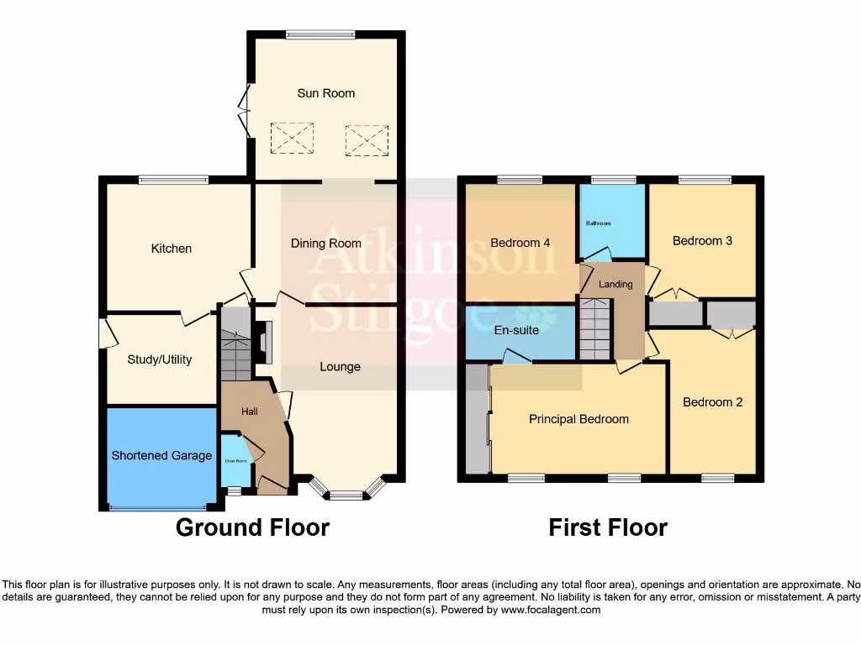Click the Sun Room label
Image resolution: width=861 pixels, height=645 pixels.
pyautogui.click(x=325, y=93)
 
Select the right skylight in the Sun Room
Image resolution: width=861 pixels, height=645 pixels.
pyautogui.click(x=367, y=139)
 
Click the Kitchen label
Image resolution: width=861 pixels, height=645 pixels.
pyautogui.click(x=172, y=249)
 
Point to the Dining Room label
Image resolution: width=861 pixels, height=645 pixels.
pyautogui.click(x=326, y=244)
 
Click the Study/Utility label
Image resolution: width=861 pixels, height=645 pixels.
pyautogui.click(x=160, y=359)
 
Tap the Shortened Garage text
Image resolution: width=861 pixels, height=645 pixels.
pyautogui.click(x=161, y=455)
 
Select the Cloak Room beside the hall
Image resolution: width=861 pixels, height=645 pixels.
pyautogui.click(x=235, y=461)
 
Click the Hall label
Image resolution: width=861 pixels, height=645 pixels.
pyautogui.click(x=250, y=412)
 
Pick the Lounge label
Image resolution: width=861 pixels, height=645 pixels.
pyautogui.click(x=340, y=367)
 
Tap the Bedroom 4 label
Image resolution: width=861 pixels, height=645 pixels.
pyautogui.click(x=520, y=244)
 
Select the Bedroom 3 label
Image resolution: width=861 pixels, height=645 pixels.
pyautogui.click(x=702, y=241)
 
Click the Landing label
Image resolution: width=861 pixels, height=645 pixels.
pyautogui.click(x=615, y=285)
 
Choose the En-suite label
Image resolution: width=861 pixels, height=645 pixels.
pyautogui.click(x=516, y=331)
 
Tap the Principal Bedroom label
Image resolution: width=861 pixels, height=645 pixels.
pyautogui.click(x=578, y=419)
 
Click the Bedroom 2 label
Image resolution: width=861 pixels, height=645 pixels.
pyautogui.click(x=712, y=402)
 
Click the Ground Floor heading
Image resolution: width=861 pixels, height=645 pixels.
pyautogui.click(x=252, y=527)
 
